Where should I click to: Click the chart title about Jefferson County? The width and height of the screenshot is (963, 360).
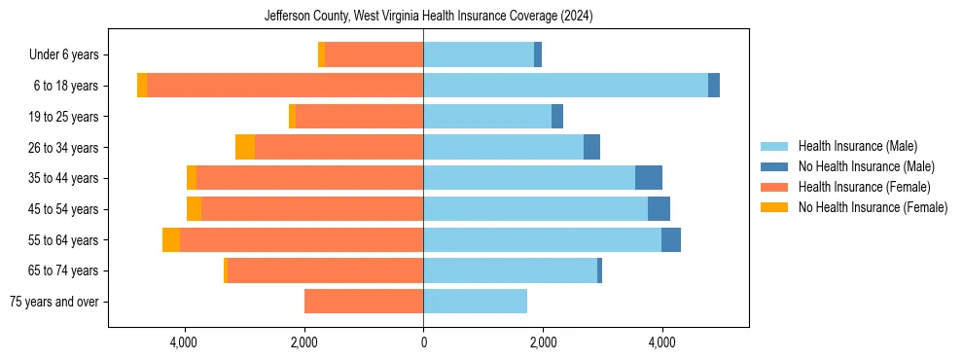429,17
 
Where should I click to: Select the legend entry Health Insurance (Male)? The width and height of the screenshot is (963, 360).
857,146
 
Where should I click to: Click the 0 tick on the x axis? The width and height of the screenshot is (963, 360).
423,342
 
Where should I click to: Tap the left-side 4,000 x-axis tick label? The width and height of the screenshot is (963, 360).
184,342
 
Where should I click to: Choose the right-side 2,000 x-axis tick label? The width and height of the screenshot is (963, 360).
543,342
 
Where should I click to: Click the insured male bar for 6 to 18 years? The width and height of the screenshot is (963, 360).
565,86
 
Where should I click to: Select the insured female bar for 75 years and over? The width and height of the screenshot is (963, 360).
364,302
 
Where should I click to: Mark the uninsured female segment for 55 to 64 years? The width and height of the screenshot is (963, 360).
171,240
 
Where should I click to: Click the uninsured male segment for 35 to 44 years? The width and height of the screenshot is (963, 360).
649,178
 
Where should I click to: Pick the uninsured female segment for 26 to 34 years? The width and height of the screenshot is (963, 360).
245,148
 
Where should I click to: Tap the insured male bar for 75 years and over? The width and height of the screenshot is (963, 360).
475,302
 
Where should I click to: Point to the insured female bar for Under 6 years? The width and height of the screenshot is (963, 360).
374,55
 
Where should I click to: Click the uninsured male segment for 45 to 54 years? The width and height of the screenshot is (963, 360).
659,209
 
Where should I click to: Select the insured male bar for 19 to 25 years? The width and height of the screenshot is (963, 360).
486,117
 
